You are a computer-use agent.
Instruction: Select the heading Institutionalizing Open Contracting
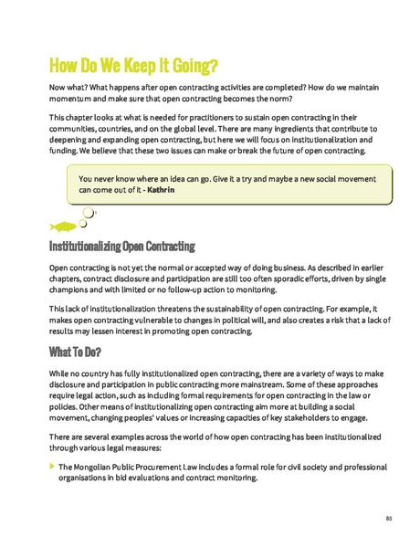point(122,247)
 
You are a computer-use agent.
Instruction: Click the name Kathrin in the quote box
point(158,191)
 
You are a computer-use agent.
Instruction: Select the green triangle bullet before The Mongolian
point(52,466)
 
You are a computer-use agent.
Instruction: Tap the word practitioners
point(211,119)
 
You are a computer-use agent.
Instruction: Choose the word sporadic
point(278,279)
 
